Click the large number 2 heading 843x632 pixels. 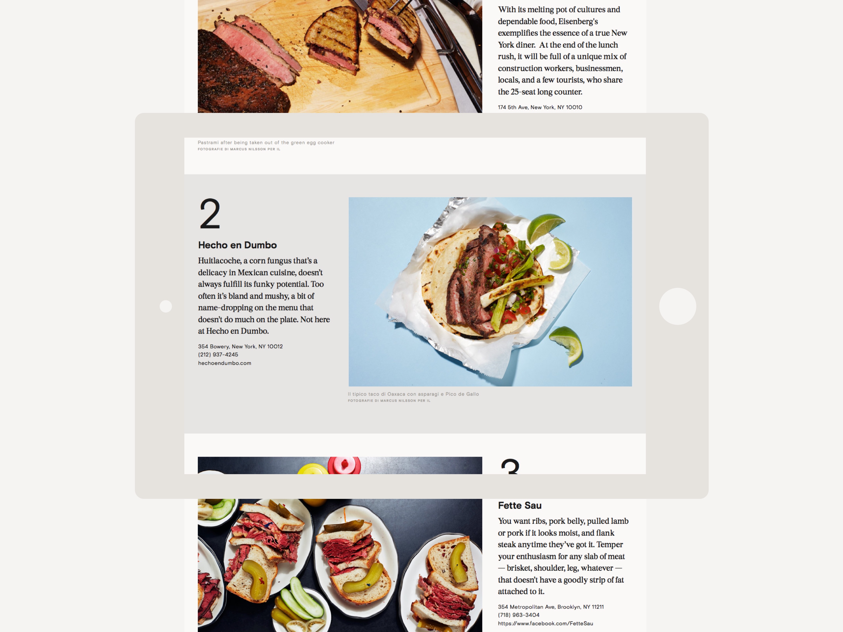pyautogui.click(x=210, y=214)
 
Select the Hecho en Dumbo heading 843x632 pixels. pyautogui.click(x=237, y=245)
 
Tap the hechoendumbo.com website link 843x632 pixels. pyautogui.click(x=225, y=363)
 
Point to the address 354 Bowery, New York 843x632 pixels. pyautogui.click(x=240, y=346)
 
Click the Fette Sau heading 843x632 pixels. pyautogui.click(x=520, y=506)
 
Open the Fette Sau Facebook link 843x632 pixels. pyautogui.click(x=545, y=624)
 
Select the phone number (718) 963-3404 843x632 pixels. pyautogui.click(x=519, y=615)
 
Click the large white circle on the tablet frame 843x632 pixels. pyautogui.click(x=677, y=306)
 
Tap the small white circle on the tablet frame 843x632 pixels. pyautogui.click(x=166, y=306)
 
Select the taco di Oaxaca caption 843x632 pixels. pyautogui.click(x=413, y=394)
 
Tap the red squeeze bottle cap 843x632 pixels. pyautogui.click(x=344, y=465)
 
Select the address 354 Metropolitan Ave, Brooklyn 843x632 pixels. pyautogui.click(x=551, y=607)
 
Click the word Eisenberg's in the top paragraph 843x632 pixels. pyautogui.click(x=578, y=21)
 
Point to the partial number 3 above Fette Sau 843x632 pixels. pyautogui.click(x=510, y=466)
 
